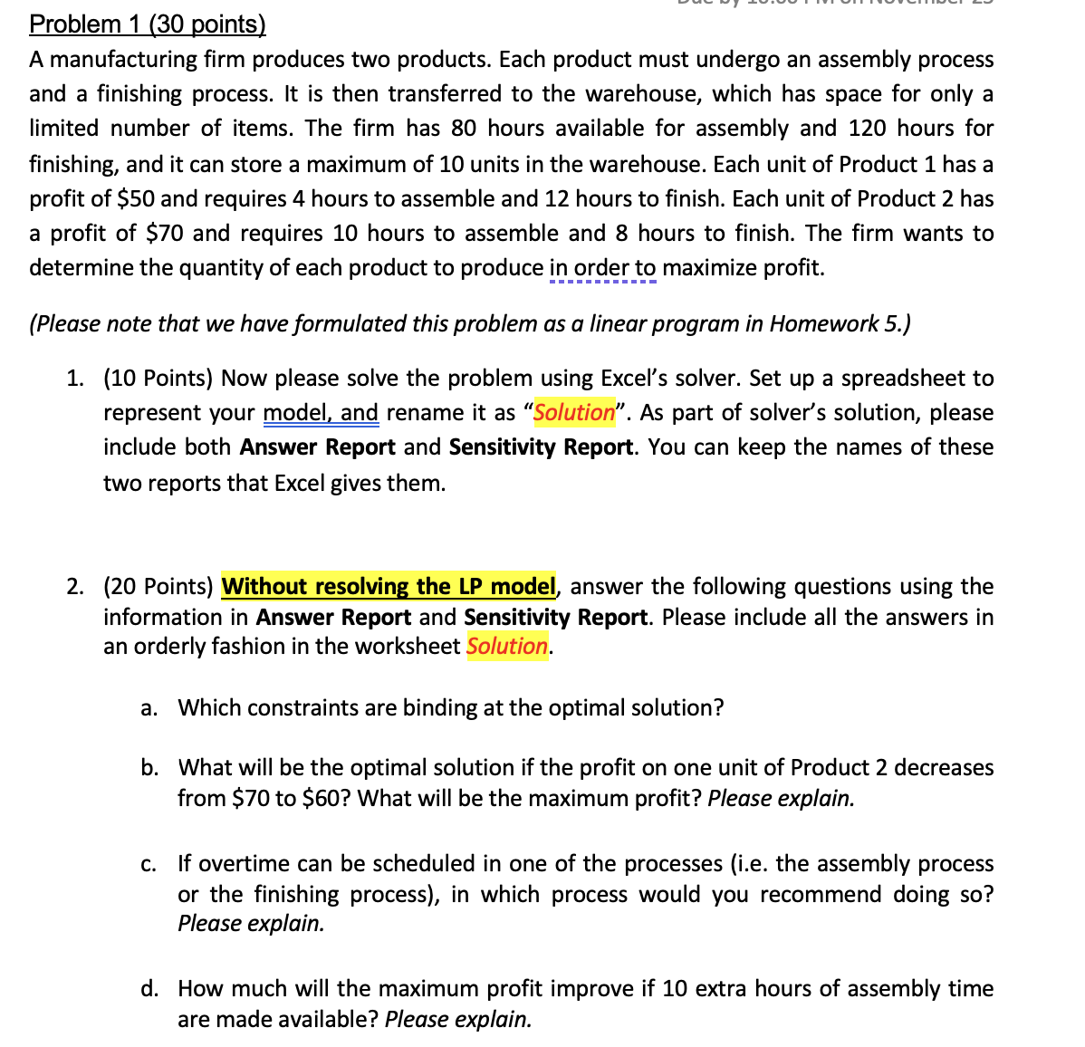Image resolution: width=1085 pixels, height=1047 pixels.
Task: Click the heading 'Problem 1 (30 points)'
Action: [148, 24]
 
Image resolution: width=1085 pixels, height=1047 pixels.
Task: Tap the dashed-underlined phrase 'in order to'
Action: [602, 268]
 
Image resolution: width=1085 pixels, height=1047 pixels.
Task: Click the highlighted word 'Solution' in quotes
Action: [574, 413]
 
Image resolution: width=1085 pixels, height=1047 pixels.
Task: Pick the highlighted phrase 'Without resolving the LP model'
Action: [389, 587]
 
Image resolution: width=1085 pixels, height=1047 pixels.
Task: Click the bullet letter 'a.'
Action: [149, 708]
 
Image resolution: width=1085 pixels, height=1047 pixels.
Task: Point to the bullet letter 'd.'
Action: [149, 989]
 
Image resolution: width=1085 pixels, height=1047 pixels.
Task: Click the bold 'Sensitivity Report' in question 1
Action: [541, 447]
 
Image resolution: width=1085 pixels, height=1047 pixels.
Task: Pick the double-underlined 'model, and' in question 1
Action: [321, 413]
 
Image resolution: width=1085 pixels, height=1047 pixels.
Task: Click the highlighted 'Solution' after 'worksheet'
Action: [507, 647]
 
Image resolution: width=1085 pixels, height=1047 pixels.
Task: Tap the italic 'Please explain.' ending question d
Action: [457, 1020]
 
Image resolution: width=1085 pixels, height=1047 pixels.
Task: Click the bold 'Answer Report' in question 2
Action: [333, 618]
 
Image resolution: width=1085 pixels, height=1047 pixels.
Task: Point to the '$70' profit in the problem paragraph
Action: [164, 234]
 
